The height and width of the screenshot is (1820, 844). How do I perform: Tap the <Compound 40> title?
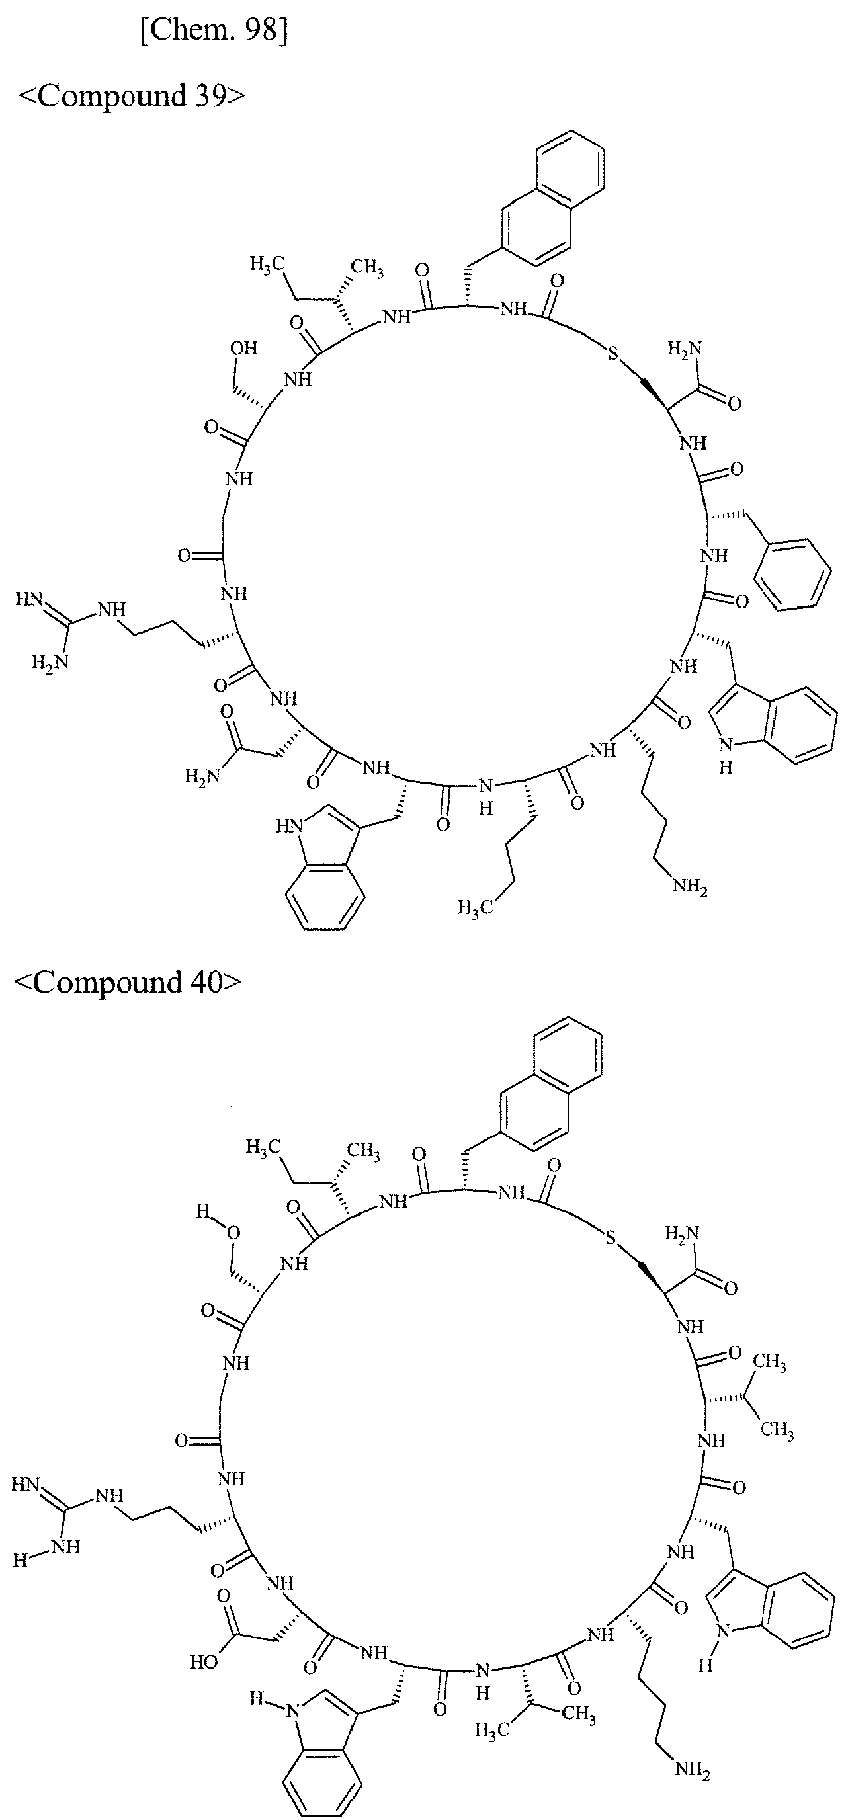coord(128,982)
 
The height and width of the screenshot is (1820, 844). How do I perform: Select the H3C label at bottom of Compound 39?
coord(472,907)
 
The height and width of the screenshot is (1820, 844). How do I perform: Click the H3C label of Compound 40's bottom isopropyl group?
coord(491,1725)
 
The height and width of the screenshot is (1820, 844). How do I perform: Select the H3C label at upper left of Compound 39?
coord(267,265)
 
